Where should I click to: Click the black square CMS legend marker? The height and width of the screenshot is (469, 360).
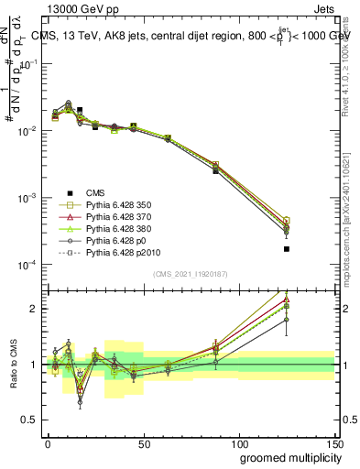(70, 192)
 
